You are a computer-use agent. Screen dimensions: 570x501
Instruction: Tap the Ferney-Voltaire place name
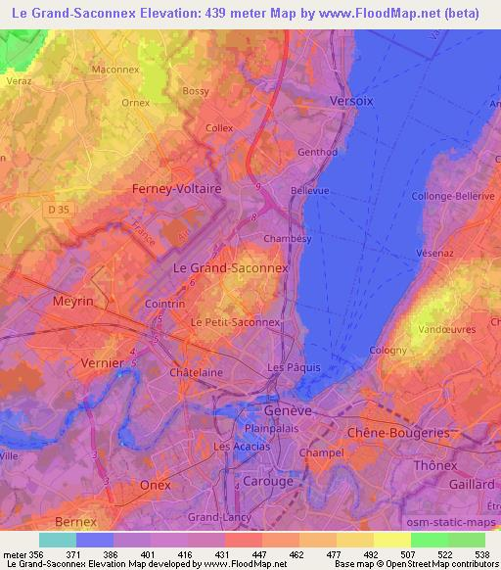click(177, 188)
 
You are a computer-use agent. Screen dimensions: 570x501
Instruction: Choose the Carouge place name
click(267, 481)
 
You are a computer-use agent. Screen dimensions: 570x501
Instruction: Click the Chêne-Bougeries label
click(398, 433)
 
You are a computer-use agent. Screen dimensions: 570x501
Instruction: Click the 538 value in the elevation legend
click(482, 554)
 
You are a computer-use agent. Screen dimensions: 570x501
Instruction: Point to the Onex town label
click(156, 485)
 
